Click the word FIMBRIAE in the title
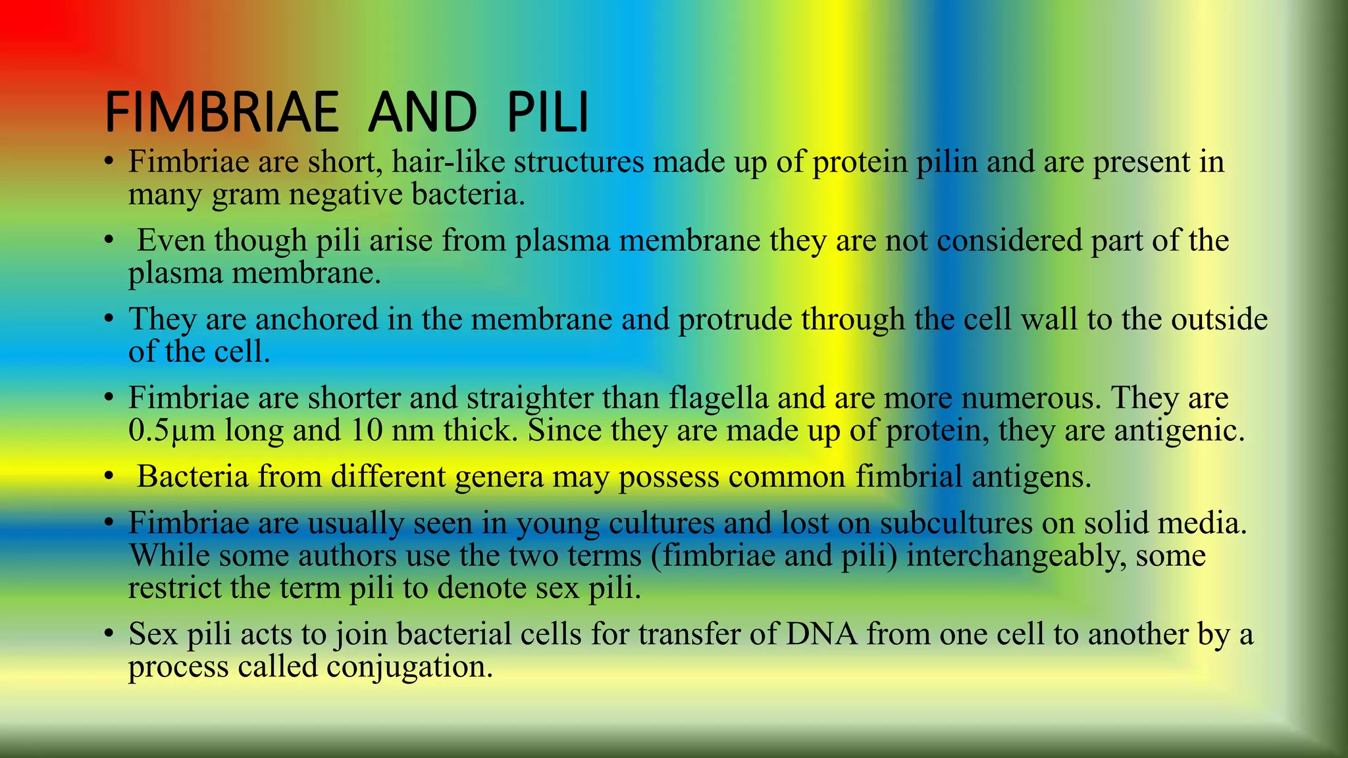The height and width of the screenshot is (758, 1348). click(222, 112)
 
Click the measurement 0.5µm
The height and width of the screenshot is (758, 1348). click(172, 431)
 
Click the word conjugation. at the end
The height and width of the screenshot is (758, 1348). click(409, 667)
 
